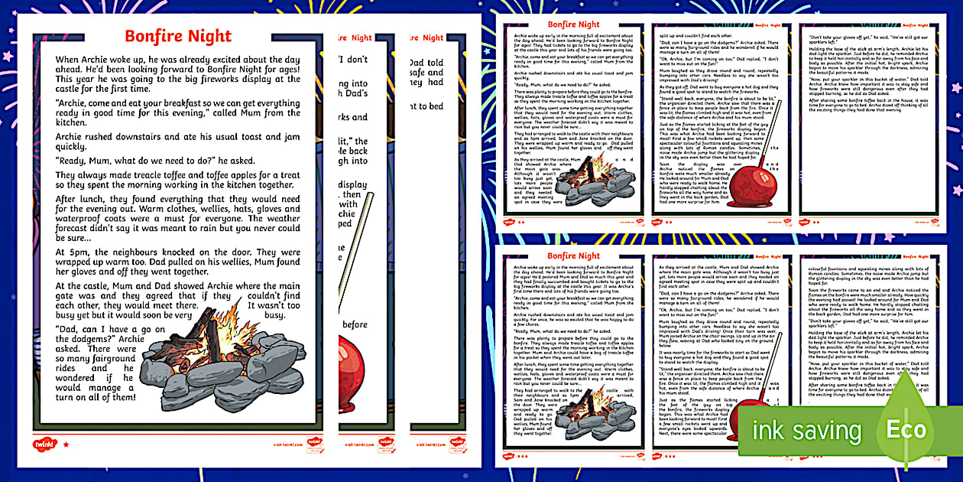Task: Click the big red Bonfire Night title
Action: (177, 36)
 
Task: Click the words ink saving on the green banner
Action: (806, 432)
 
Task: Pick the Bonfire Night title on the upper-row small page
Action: (573, 24)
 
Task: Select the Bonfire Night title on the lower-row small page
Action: (573, 255)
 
